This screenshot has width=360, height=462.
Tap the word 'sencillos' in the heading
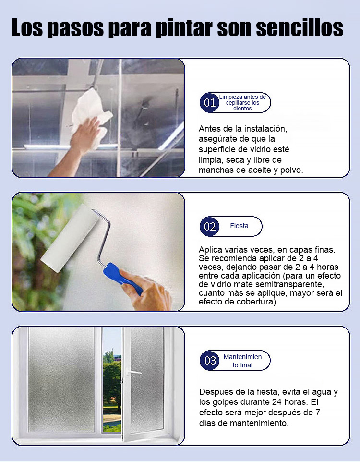pos(300,29)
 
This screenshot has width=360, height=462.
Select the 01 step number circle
pos(209,103)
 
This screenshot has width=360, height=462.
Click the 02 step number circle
pos(209,226)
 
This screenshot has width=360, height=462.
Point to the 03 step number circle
pos(210,360)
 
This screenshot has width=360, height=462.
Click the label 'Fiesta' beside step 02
pos(239,226)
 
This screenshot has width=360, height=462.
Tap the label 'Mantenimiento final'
pos(242,361)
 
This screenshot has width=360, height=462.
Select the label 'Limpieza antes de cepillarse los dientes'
pos(242,103)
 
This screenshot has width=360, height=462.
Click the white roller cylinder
pos(69,238)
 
